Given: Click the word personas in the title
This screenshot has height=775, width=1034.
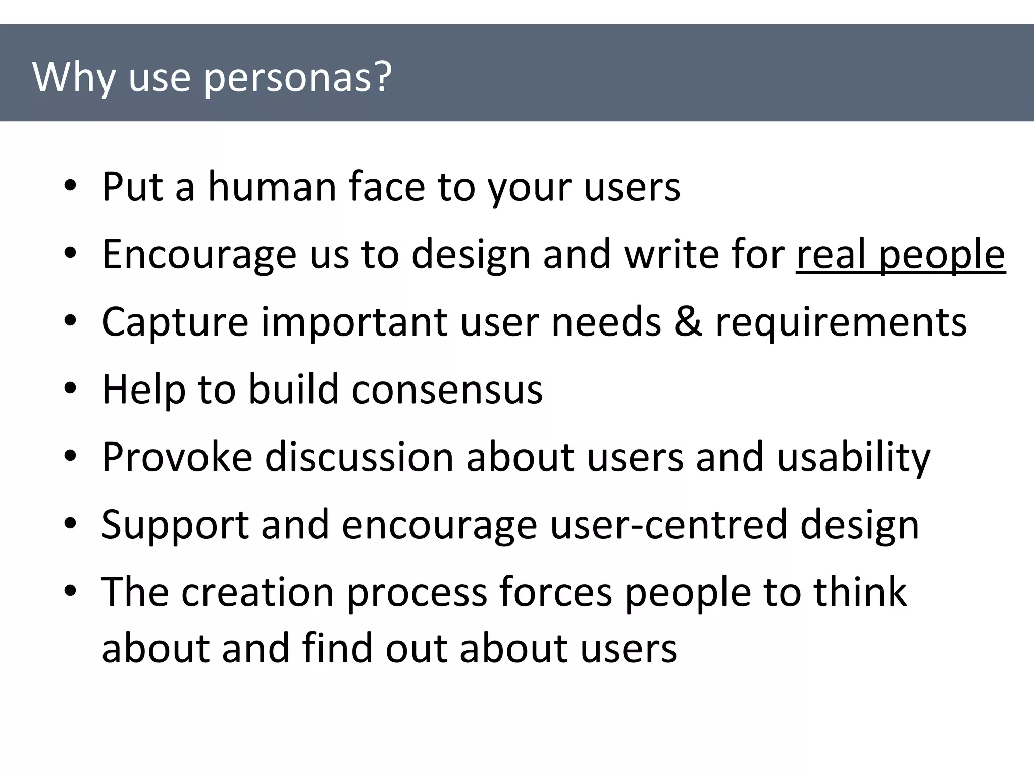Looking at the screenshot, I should click(x=298, y=79).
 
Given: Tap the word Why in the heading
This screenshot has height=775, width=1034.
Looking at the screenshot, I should click(x=74, y=79).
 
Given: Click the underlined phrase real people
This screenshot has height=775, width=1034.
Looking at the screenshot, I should click(x=901, y=255).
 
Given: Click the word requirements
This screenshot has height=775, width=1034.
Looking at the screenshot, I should click(x=841, y=323).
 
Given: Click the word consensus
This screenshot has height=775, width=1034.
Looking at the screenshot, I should click(x=447, y=390).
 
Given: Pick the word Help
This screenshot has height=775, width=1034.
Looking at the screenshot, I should click(x=143, y=390).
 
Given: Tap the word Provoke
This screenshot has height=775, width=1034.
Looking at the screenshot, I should click(x=177, y=457).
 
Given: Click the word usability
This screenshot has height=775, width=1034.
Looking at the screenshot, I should click(x=854, y=457).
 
